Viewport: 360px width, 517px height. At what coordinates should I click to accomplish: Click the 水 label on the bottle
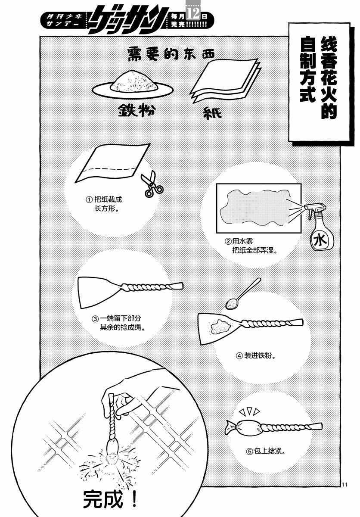tap(320, 240)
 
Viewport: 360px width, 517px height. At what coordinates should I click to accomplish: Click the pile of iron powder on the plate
tap(134, 81)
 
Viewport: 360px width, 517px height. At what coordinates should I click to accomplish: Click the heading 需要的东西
tap(171, 53)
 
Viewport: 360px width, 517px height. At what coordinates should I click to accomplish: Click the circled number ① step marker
tap(89, 199)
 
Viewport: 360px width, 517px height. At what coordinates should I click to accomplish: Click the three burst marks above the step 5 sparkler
tap(249, 411)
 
